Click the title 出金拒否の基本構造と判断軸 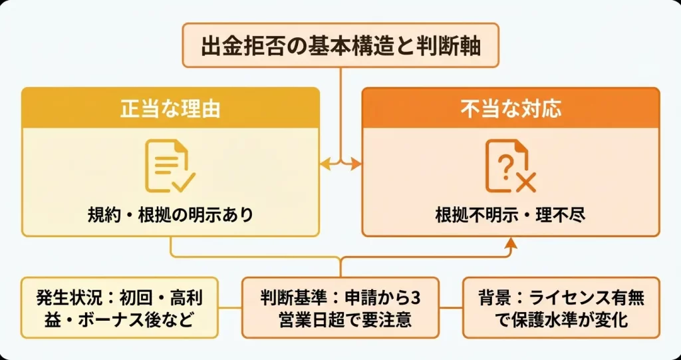click(x=340, y=47)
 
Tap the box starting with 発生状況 click(x=119, y=307)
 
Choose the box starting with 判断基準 click(x=340, y=307)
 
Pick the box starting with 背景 click(x=561, y=307)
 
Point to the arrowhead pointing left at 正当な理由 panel click(x=325, y=163)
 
